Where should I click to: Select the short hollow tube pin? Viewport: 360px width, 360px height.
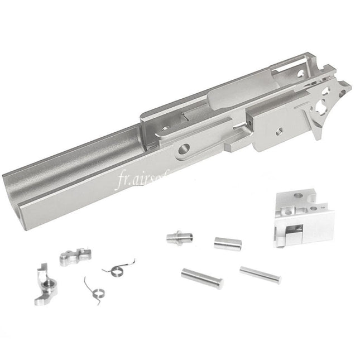[x=223, y=243]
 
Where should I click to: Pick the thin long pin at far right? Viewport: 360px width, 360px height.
[x=260, y=273]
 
